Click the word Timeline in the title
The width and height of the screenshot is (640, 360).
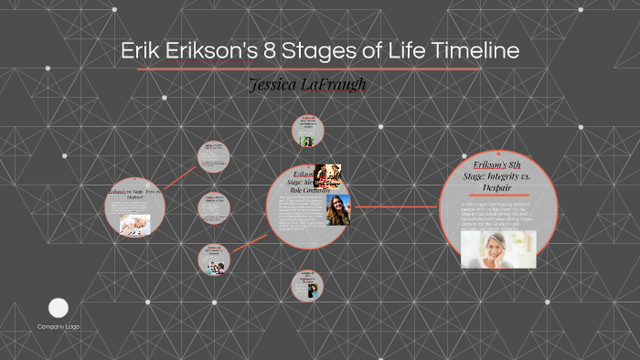tap(467, 51)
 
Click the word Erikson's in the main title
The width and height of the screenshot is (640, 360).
tap(212, 51)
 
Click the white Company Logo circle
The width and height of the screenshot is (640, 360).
tap(59, 308)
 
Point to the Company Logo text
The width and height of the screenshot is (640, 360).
tap(59, 326)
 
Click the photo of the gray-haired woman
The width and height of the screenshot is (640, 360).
tap(498, 246)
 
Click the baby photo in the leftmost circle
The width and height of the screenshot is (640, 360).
tap(133, 226)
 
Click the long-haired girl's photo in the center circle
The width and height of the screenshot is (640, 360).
tap(338, 209)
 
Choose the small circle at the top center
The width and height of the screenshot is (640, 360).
tap(308, 131)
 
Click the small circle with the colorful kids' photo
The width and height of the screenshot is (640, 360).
tap(215, 259)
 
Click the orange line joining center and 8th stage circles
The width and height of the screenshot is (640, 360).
tap(394, 206)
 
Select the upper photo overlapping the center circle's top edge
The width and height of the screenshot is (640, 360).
tap(328, 174)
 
